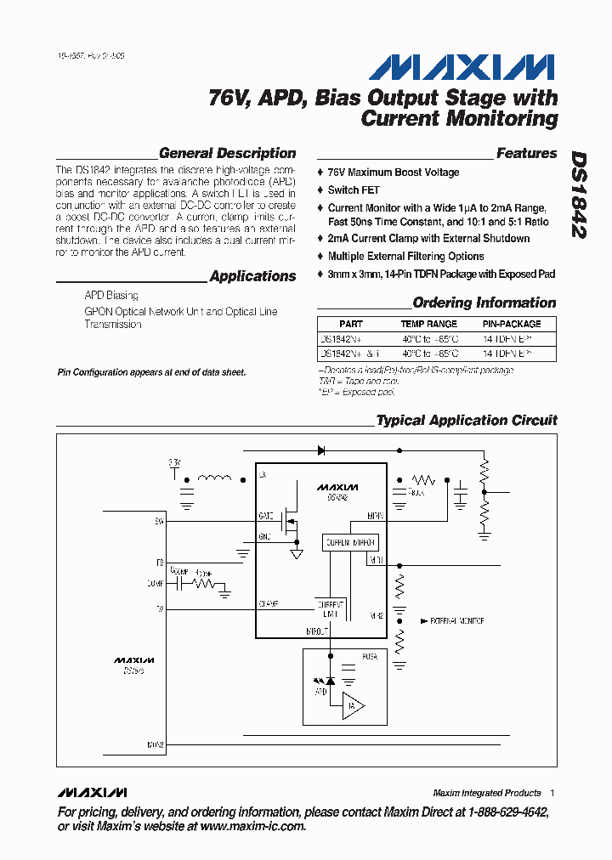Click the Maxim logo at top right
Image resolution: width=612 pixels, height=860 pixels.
[464, 67]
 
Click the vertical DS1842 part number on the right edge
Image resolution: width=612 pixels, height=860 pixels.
[579, 195]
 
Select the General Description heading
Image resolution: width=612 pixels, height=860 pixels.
[227, 154]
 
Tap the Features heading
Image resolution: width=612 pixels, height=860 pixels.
[526, 154]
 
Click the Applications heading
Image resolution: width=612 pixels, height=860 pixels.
[252, 276]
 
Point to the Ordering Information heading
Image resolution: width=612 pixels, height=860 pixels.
[484, 303]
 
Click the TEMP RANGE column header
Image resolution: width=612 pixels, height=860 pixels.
[428, 324]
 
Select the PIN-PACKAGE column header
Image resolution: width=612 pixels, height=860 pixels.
[511, 324]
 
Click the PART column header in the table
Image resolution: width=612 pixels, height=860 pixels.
[350, 324]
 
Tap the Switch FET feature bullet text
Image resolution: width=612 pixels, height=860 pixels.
[354, 190]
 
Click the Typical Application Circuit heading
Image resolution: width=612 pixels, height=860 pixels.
[467, 421]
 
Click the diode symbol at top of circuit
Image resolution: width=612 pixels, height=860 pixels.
[322, 450]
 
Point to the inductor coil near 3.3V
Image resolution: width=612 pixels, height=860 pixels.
[214, 478]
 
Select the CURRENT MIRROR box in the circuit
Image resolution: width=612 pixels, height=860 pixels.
[349, 542]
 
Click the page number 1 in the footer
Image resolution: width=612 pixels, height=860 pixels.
[552, 793]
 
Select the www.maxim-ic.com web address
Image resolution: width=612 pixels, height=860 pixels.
[252, 826]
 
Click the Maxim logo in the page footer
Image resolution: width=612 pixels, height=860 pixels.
[93, 792]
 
